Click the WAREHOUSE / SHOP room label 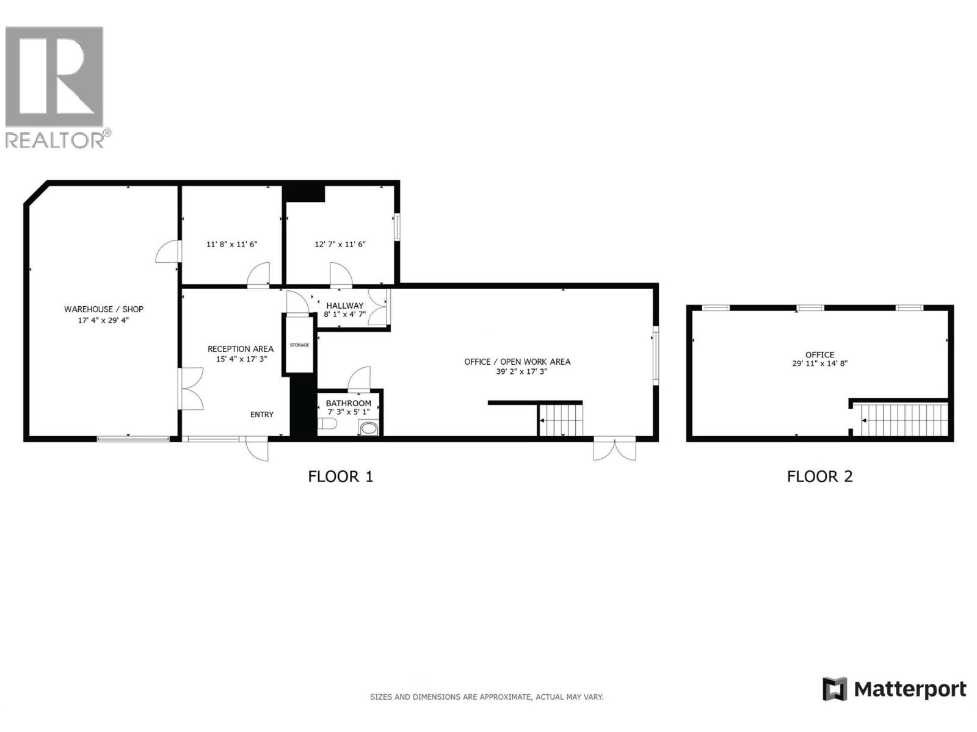[104, 309]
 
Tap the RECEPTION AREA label [241, 349]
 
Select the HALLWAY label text [344, 305]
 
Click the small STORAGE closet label [299, 345]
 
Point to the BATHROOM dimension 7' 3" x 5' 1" [348, 412]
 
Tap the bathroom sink [369, 428]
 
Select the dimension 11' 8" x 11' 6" [231, 245]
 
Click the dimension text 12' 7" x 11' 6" [340, 245]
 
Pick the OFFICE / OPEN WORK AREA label [517, 362]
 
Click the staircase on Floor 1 [561, 420]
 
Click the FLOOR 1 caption [340, 476]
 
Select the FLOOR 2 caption [819, 476]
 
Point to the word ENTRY [262, 415]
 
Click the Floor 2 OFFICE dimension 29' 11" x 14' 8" [819, 364]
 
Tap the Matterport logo [894, 689]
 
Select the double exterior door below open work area [614, 449]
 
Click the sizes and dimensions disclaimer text [487, 697]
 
